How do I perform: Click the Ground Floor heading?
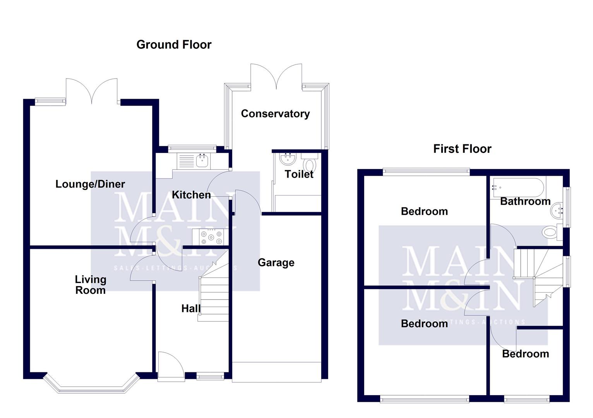pos(174,45)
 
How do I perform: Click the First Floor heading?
pos(462,149)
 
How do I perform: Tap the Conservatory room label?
pos(275,113)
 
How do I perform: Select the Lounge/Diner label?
pos(90,184)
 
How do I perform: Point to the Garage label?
pos(276,262)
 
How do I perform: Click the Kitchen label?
pos(191,195)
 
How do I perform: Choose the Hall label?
pos(191,308)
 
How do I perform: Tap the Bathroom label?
pos(525,201)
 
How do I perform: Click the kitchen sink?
pos(202,160)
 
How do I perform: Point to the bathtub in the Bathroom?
pos(517,188)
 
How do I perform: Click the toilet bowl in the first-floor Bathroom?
pos(550,233)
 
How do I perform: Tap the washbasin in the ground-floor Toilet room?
pos(287,158)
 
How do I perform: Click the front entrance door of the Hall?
pos(170,364)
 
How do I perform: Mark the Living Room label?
pos(91,284)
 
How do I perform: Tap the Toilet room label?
pos(299,174)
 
